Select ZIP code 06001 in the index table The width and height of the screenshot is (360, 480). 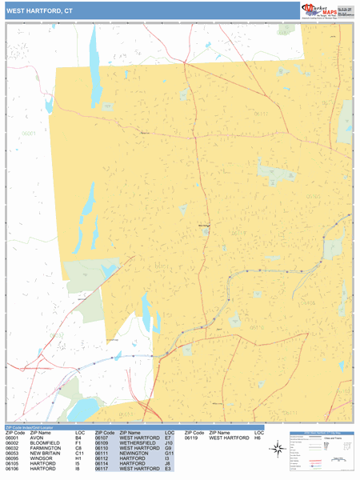13,438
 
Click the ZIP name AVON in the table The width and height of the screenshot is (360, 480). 37,438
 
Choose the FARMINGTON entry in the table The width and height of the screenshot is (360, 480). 46,450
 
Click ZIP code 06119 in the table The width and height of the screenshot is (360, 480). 192,438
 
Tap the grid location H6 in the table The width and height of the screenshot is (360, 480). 258,438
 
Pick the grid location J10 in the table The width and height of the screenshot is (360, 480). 170,444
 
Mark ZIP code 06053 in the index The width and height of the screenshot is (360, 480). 13,455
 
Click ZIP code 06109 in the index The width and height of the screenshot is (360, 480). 102,444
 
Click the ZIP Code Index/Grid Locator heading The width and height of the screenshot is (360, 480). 35,428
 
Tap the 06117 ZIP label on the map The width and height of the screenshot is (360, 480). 261,114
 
